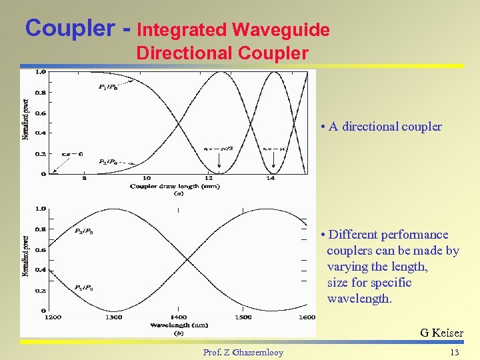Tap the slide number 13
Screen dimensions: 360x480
(455, 352)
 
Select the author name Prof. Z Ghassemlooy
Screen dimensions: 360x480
(243, 352)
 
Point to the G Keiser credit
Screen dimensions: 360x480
(441, 333)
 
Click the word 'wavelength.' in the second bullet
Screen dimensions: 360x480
(359, 299)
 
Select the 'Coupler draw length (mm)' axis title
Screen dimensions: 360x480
(175, 186)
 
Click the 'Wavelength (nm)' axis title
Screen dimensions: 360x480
(179, 325)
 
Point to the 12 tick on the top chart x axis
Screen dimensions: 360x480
(209, 178)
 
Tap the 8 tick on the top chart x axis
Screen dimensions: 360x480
(84, 178)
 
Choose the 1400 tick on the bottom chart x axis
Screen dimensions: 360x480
(179, 317)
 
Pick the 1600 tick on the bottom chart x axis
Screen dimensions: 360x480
(307, 317)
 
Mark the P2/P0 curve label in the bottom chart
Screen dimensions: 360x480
(83, 231)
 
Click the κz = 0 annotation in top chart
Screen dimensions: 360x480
(72, 154)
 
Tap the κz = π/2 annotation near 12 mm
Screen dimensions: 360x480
(217, 148)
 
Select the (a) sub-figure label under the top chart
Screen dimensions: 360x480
(179, 194)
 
